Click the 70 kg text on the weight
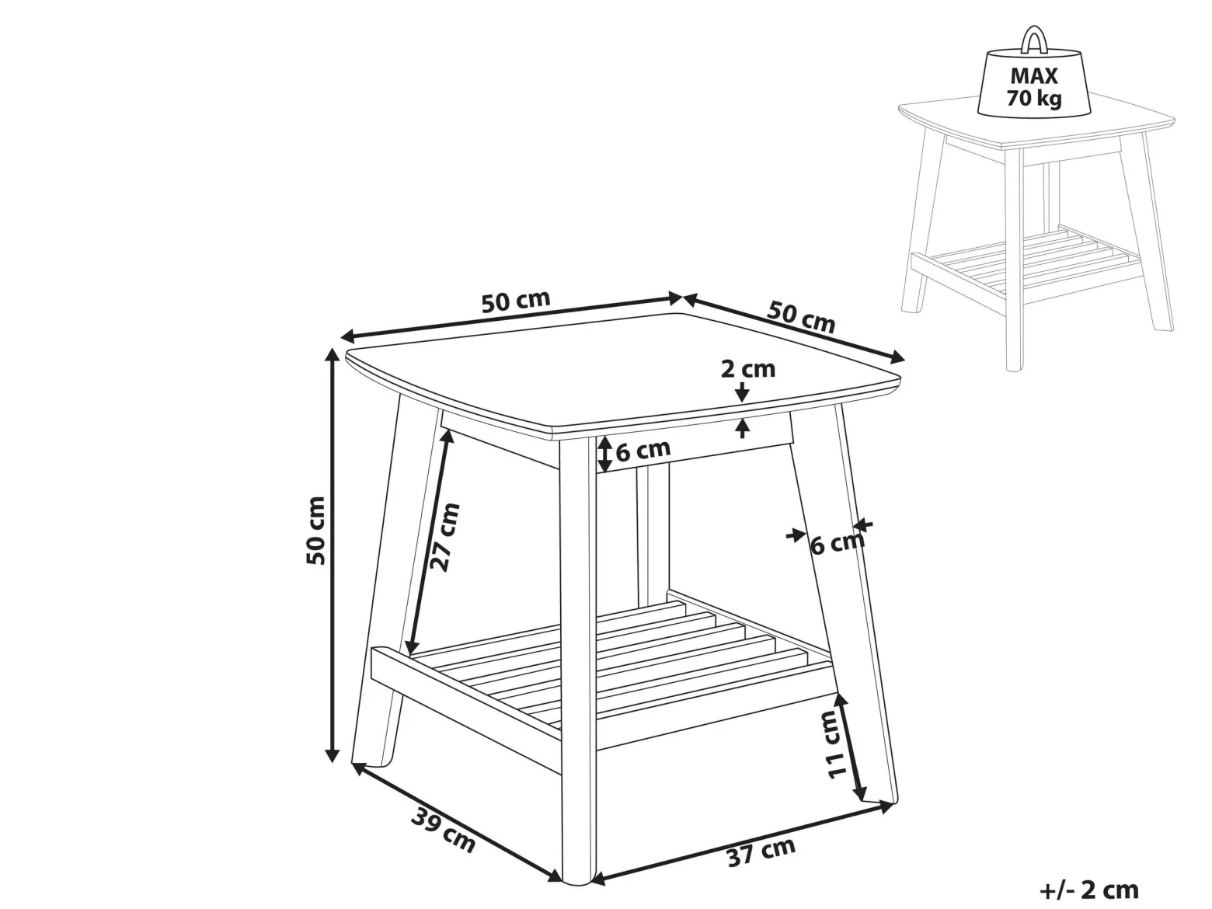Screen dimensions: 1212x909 coord(1033,98)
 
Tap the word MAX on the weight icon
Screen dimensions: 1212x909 coord(1033,75)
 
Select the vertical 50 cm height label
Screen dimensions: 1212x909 coord(315,531)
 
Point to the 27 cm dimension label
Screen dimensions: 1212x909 coord(445,537)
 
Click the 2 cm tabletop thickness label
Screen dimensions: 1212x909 coord(747,369)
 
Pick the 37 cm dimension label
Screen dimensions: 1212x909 coord(761,852)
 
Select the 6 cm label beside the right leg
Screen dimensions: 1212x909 coord(837,544)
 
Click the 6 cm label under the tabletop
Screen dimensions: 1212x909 coord(643,451)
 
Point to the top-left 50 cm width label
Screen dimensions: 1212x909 coord(516,301)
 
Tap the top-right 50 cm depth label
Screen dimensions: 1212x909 coord(801,318)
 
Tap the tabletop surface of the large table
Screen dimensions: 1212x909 coord(623,371)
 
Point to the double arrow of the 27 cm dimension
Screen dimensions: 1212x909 coord(429,542)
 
